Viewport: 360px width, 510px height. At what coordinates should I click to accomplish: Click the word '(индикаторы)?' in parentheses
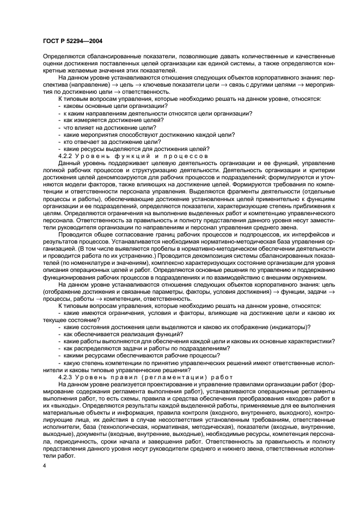point(288,326)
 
